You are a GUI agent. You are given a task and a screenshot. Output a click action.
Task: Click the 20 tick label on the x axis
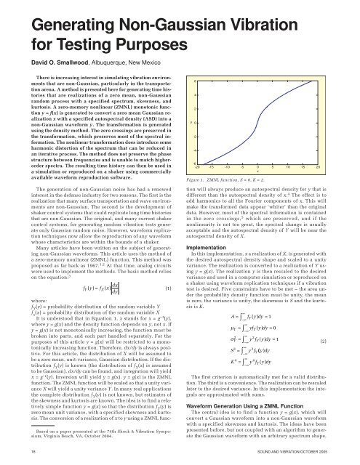[339, 145]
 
